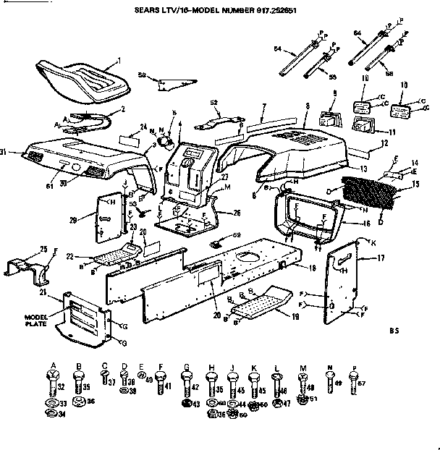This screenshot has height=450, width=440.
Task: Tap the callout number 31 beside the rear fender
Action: click(4, 151)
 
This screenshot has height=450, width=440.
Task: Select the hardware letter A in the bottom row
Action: click(54, 365)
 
